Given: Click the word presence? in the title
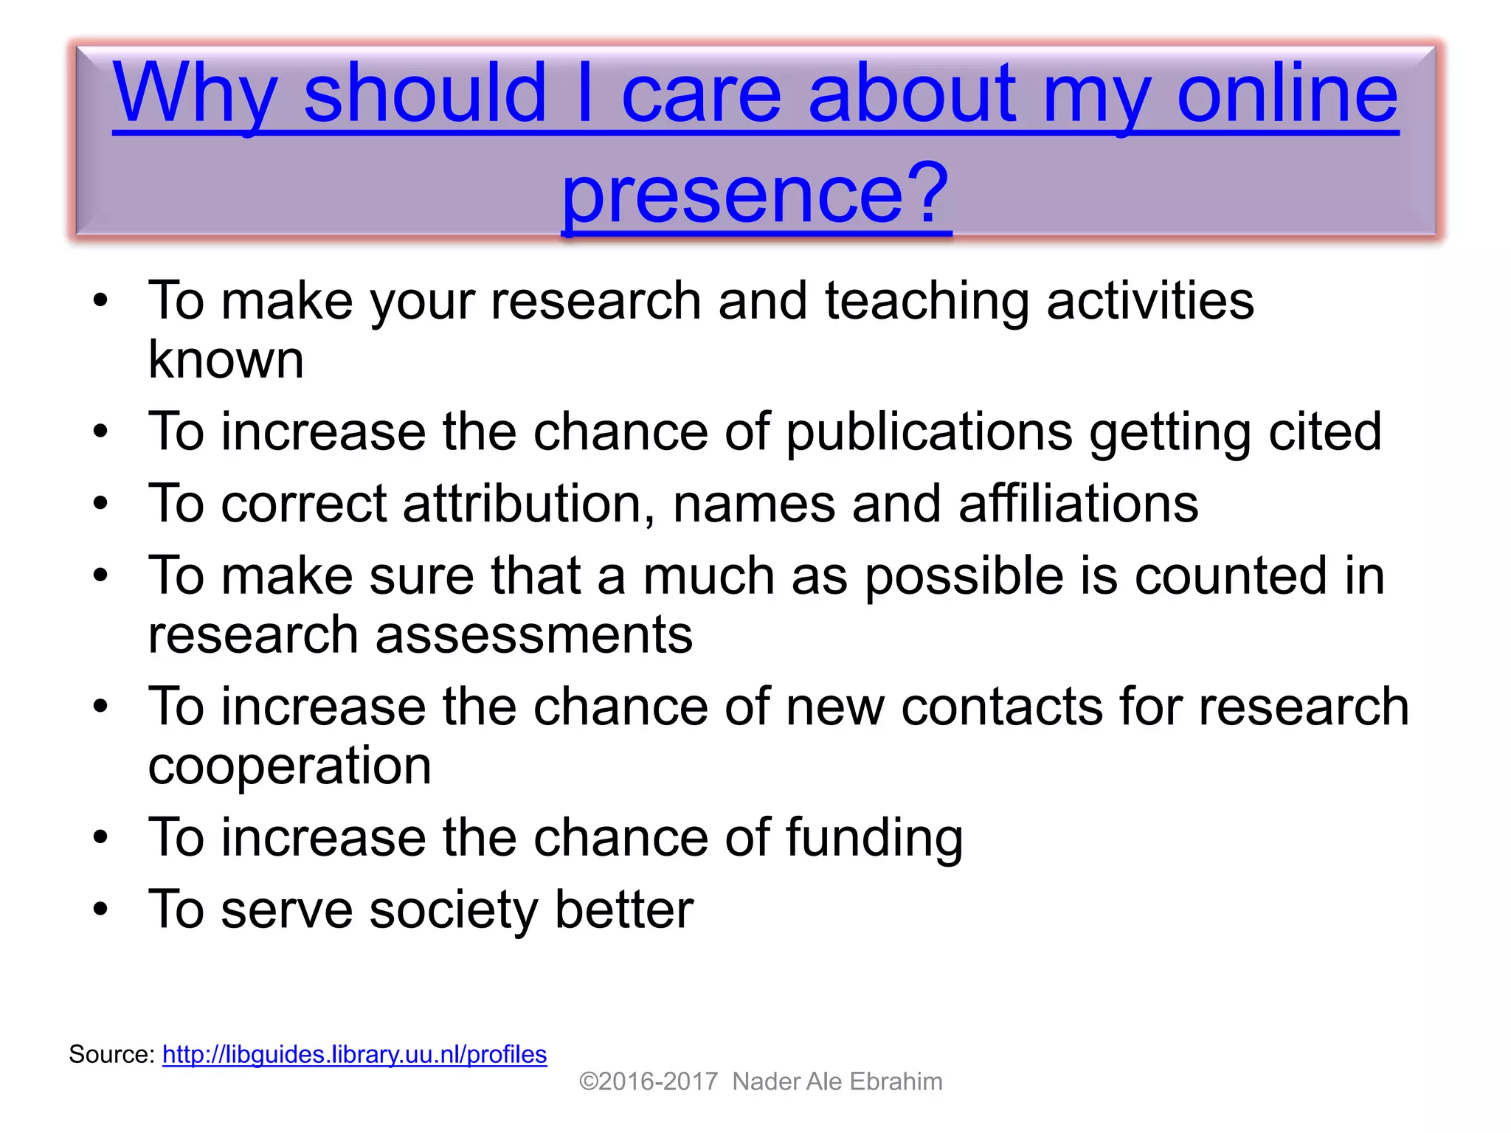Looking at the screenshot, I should (x=755, y=193).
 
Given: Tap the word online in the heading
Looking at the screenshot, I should (x=1287, y=94).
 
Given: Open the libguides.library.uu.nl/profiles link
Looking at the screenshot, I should (x=354, y=1054).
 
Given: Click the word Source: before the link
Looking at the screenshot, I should (x=111, y=1054).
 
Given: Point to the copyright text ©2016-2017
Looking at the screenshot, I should (x=648, y=1081).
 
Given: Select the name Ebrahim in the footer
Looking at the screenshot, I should (x=896, y=1081).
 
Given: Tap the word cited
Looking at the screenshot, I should (x=1324, y=432).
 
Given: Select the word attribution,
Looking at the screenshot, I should (x=528, y=504).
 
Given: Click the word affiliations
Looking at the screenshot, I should (x=1078, y=504).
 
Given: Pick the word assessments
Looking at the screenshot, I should (x=533, y=634).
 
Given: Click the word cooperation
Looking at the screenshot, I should (x=289, y=766).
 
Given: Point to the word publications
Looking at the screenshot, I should (x=929, y=432).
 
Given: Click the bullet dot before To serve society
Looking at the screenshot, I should (x=100, y=909).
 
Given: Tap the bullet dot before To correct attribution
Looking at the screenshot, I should (x=100, y=504).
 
